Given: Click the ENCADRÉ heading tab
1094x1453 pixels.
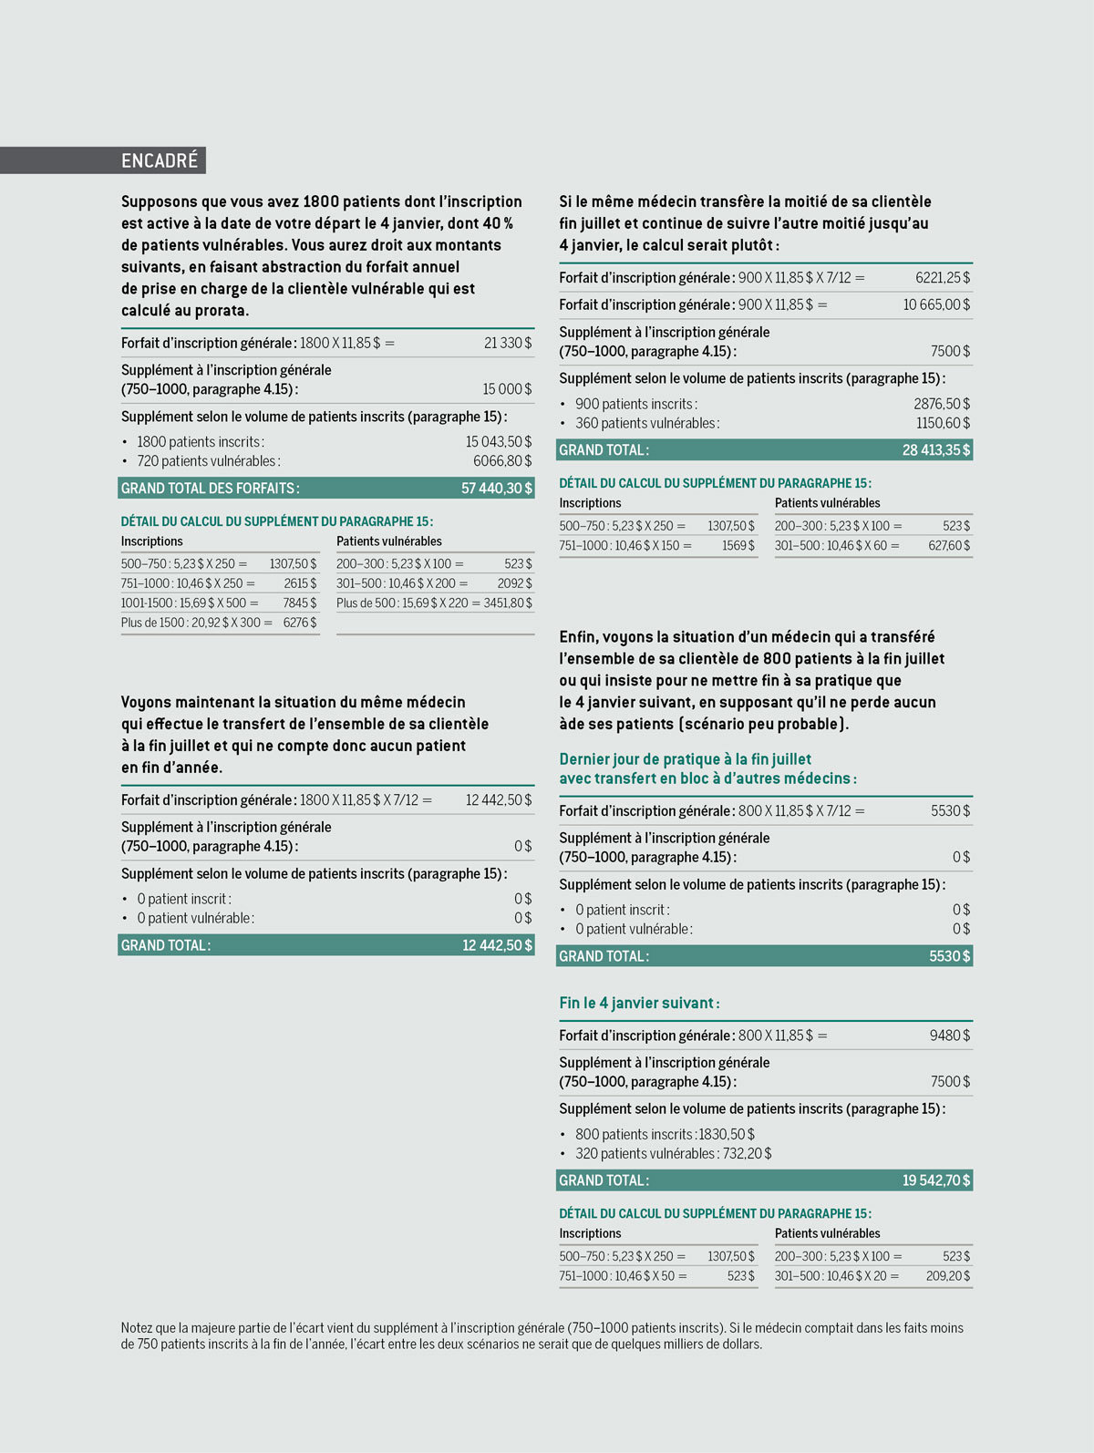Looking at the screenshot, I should pyautogui.click(x=160, y=160).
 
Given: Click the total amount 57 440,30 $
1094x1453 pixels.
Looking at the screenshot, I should pyautogui.click(x=496, y=489).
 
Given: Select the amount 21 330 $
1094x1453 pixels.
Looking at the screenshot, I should pyautogui.click(x=507, y=344).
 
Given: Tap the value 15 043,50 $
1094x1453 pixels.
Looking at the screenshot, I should pyautogui.click(x=498, y=442).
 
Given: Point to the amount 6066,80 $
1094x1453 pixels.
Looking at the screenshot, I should pyautogui.click(x=501, y=461).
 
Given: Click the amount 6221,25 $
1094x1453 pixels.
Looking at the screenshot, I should pyautogui.click(x=943, y=278).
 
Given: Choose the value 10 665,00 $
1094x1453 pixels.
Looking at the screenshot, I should pyautogui.click(x=936, y=305).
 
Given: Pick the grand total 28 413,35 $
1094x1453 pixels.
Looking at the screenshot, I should pyautogui.click(x=936, y=450).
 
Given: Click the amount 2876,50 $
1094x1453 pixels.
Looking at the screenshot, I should pyautogui.click(x=942, y=404).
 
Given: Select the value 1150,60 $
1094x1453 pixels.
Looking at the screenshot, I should pyautogui.click(x=943, y=423).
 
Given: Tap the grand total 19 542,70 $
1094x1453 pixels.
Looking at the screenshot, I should pyautogui.click(x=936, y=1180).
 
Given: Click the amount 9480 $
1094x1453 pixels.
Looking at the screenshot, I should pyautogui.click(x=949, y=1036).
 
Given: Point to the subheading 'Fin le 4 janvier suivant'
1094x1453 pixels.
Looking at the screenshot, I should pyautogui.click(x=639, y=1004).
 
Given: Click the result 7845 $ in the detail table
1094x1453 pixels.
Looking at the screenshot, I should pyautogui.click(x=299, y=603).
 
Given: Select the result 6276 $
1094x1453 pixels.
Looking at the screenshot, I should pyautogui.click(x=299, y=623).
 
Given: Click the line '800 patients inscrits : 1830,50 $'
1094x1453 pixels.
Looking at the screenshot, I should pyautogui.click(x=665, y=1135).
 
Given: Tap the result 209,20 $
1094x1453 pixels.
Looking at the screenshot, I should pyautogui.click(x=947, y=1276).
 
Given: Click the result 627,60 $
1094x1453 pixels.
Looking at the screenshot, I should pyautogui.click(x=949, y=546).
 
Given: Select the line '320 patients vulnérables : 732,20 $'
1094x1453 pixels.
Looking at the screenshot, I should pyautogui.click(x=673, y=1154).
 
